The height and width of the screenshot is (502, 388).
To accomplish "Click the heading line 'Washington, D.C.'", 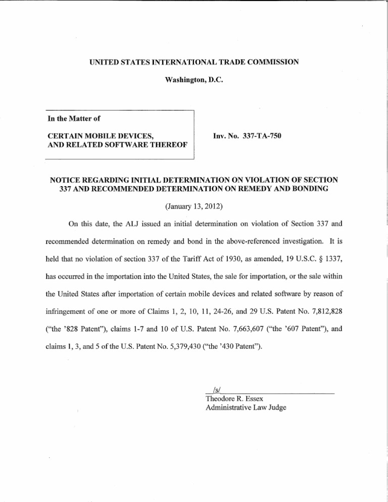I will pyautogui.click(x=193, y=80).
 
